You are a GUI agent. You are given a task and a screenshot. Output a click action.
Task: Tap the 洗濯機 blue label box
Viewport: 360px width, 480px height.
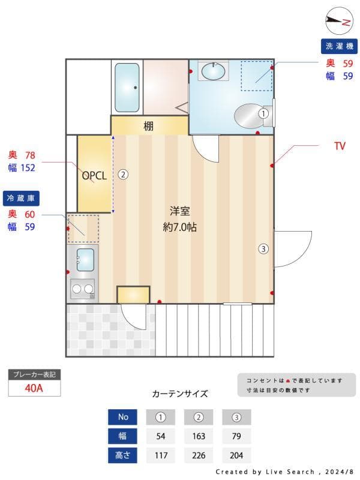(338, 46)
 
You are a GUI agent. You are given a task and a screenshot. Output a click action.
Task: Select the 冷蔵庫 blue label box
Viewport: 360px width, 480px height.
(21, 197)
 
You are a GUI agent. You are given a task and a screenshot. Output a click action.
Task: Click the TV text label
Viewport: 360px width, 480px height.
(340, 146)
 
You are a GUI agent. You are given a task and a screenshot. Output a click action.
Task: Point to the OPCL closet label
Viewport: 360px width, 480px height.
(94, 176)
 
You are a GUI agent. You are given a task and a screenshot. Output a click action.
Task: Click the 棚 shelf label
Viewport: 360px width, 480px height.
(148, 126)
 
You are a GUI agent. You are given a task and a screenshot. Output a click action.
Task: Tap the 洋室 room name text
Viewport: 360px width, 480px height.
(179, 211)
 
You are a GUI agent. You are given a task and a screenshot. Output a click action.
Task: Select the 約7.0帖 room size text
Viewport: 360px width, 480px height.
(180, 227)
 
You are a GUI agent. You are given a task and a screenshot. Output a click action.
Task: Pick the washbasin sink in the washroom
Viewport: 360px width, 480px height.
(213, 71)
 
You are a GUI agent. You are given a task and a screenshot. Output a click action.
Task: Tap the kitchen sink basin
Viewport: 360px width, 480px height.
(85, 259)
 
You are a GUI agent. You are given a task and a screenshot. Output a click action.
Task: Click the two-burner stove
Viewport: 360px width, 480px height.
(83, 289)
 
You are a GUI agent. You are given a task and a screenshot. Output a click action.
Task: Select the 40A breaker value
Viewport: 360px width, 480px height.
(34, 388)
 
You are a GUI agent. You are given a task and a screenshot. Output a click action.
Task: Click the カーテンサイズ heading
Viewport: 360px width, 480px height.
(180, 394)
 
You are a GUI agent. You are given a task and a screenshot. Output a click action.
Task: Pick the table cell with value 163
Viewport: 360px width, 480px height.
(199, 436)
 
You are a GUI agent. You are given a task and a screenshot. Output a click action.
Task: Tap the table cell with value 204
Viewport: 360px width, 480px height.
(236, 455)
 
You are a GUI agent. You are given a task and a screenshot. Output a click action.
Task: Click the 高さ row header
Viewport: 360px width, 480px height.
(123, 455)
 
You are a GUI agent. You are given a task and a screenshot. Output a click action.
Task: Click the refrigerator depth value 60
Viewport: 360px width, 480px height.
(30, 214)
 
